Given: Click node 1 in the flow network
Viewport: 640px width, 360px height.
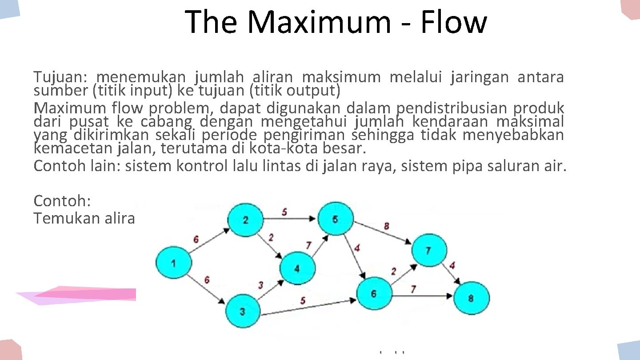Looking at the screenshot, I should (x=172, y=264).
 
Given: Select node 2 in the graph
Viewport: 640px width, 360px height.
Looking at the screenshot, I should (x=245, y=219).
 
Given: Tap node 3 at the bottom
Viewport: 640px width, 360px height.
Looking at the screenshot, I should (x=242, y=312).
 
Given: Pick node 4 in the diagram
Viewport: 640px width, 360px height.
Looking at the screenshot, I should (x=297, y=268).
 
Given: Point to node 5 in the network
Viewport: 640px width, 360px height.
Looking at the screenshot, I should (x=335, y=219).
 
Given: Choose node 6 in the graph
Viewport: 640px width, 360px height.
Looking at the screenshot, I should (x=374, y=293).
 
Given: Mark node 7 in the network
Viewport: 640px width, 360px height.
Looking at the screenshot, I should (x=428, y=250).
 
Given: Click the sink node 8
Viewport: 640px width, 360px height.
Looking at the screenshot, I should (x=471, y=298).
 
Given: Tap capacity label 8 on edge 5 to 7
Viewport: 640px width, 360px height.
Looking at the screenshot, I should (x=386, y=226).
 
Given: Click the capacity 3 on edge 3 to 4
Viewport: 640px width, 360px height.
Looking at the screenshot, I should (x=261, y=284).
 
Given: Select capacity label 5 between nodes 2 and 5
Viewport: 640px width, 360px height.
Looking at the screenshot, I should (x=284, y=212).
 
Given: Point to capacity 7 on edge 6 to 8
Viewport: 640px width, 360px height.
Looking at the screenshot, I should (x=413, y=289).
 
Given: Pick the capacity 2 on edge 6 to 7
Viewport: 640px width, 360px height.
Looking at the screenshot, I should (x=393, y=271).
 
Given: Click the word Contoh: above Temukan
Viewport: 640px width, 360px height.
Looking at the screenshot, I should (x=62, y=201).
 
